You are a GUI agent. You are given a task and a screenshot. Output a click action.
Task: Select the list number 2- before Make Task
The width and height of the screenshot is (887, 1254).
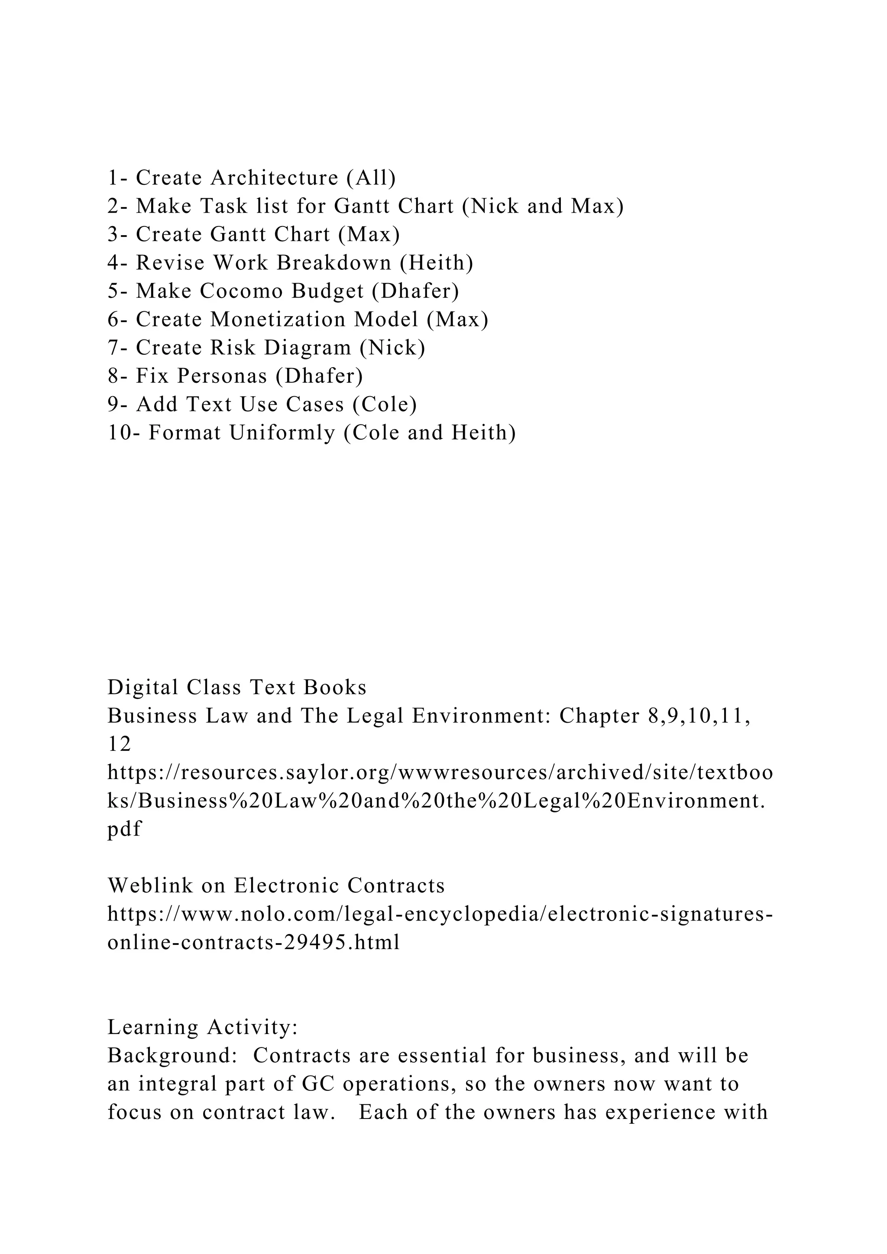click(117, 207)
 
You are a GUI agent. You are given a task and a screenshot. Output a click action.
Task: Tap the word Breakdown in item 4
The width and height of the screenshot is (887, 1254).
click(334, 263)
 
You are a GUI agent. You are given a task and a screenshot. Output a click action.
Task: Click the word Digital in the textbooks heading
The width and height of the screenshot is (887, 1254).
click(143, 688)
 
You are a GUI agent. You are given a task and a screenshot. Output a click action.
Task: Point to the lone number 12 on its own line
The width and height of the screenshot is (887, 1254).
click(119, 745)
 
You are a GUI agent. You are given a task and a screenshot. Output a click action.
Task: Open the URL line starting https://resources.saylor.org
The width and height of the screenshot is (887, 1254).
click(440, 773)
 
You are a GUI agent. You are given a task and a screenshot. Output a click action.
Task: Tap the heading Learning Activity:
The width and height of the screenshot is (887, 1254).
click(203, 1028)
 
